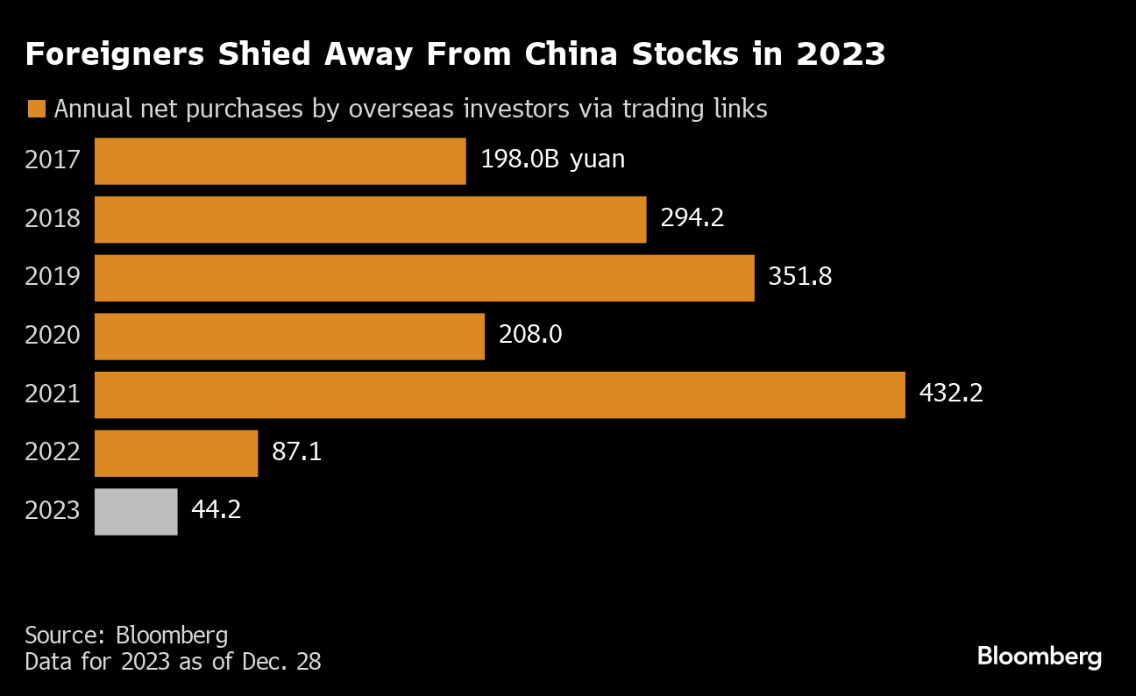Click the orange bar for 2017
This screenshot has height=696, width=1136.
pyautogui.click(x=280, y=161)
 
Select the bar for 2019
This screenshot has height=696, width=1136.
pyautogui.click(x=424, y=278)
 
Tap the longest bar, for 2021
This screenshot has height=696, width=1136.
pyautogui.click(x=500, y=394)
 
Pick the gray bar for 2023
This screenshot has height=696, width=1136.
pyautogui.click(x=136, y=511)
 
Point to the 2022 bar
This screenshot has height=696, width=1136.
pyautogui.click(x=176, y=453)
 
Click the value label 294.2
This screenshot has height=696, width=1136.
pyautogui.click(x=692, y=218)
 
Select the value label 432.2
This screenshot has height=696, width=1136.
pyautogui.click(x=951, y=394)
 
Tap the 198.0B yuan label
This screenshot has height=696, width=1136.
pyautogui.click(x=552, y=160)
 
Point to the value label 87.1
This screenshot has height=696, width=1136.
pyautogui.click(x=297, y=452)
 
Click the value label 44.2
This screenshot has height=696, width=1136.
pyautogui.click(x=216, y=510)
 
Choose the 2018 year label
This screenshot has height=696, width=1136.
pyautogui.click(x=53, y=219)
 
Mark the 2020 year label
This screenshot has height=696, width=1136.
pyautogui.click(x=53, y=336)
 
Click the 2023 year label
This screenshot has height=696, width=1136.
pyautogui.click(x=53, y=511)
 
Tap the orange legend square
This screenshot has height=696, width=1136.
pyautogui.click(x=37, y=110)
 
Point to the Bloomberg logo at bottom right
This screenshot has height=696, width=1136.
pyautogui.click(x=1039, y=657)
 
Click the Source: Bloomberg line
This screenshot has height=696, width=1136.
pyautogui.click(x=126, y=636)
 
